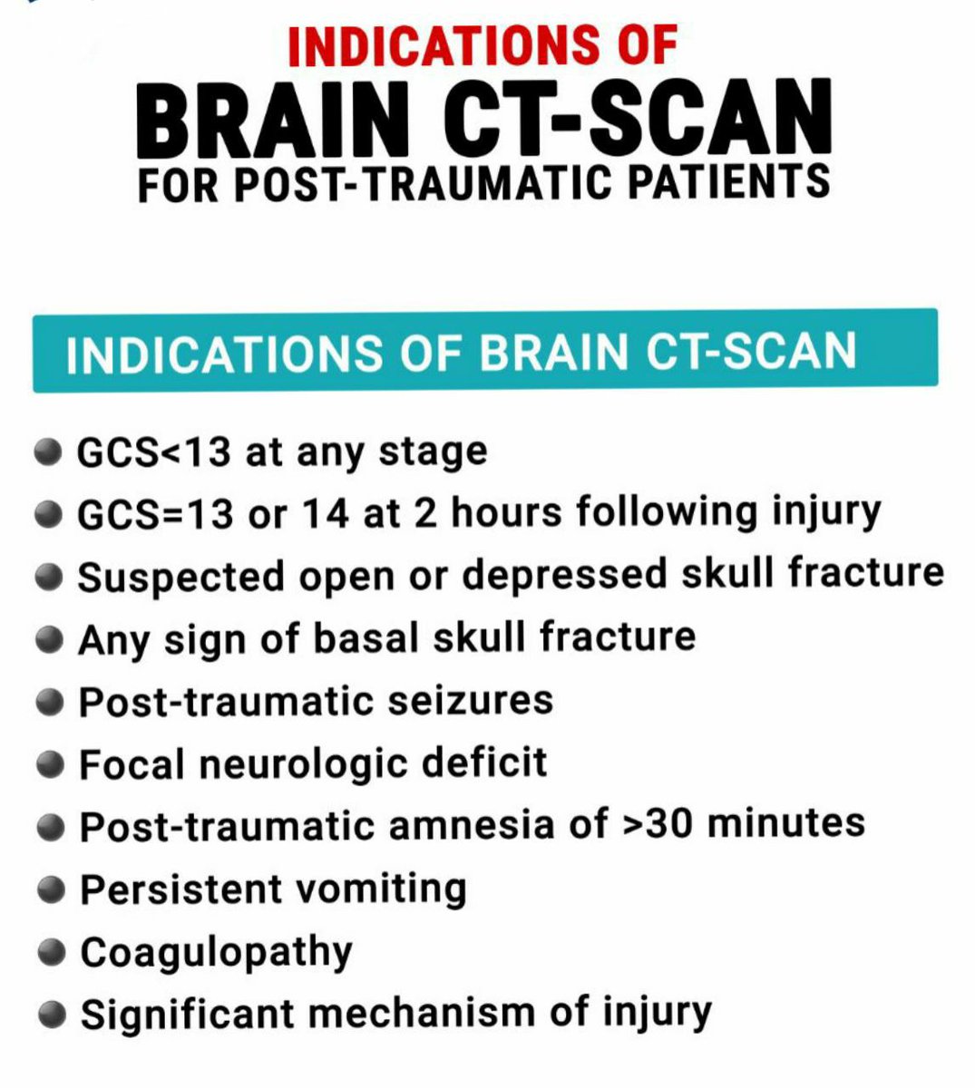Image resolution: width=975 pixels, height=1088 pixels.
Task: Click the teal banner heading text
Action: (461, 352)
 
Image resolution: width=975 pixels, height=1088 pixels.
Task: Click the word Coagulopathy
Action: (216, 952)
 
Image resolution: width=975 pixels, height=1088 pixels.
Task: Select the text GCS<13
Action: (154, 452)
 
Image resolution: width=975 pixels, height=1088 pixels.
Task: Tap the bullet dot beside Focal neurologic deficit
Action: (54, 764)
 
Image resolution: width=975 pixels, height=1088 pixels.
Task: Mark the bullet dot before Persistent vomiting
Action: (54, 889)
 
